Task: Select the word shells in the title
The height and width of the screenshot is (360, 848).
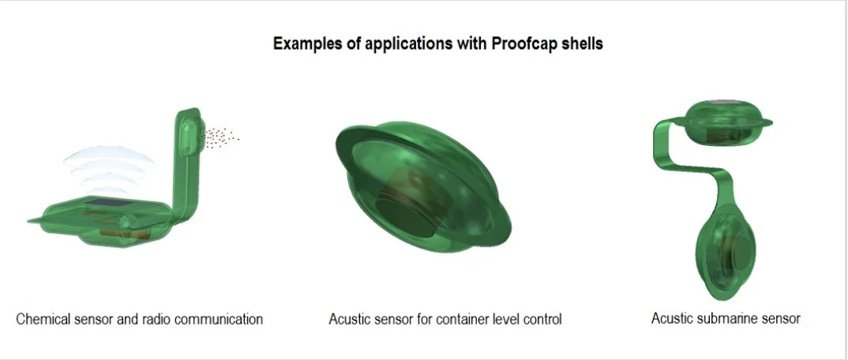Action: pos(582,43)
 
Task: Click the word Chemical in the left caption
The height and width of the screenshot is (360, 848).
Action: pos(42,319)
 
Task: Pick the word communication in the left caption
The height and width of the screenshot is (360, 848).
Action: pos(223,319)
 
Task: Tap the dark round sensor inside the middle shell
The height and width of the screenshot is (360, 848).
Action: pos(403,209)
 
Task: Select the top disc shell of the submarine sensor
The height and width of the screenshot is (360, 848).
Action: pos(726,123)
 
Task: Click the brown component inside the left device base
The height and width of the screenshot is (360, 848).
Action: pos(130,232)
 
